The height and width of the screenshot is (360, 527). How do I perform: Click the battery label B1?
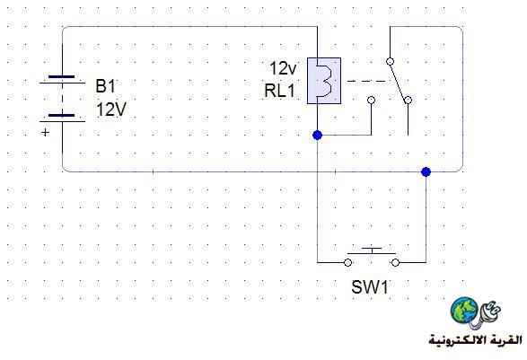[105, 85]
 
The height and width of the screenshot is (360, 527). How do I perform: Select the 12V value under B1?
[111, 110]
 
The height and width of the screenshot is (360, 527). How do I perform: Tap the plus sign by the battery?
[45, 133]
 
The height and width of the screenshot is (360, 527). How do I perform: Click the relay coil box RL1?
[324, 81]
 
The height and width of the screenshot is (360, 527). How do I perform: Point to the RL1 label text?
[279, 91]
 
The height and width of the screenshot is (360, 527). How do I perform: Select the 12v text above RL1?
[283, 68]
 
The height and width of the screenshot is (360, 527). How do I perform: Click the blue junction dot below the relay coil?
[317, 136]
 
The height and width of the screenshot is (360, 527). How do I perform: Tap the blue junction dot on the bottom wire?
[426, 171]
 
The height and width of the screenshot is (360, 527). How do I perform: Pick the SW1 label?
[370, 287]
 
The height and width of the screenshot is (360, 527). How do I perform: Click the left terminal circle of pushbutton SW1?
[347, 262]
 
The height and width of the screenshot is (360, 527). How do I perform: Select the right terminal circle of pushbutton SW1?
[396, 262]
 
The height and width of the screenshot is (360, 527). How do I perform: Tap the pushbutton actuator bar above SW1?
[372, 250]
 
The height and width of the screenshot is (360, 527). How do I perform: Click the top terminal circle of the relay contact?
[390, 61]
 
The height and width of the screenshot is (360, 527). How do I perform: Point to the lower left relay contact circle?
[371, 100]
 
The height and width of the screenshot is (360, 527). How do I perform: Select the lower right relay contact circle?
[408, 100]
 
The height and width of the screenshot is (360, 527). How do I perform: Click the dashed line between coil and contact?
[366, 81]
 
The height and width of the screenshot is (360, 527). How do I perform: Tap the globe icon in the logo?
[464, 310]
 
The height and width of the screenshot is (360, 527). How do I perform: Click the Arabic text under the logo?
[475, 340]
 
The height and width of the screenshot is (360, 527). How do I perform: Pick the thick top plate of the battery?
[62, 77]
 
